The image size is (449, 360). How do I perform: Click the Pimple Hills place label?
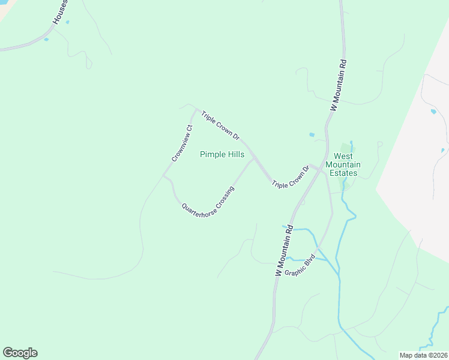tap(221, 154)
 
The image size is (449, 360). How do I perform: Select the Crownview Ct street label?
tap(182, 143)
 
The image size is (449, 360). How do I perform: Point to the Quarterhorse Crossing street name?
tap(208, 199)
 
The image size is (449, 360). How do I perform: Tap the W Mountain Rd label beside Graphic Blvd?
tap(283, 250)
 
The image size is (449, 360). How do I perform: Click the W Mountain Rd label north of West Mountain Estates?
tap(338, 84)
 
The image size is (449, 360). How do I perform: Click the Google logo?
tap(20, 353)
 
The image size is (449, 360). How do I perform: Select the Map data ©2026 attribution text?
tap(423, 355)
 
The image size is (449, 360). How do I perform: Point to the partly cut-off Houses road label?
tap(59, 12)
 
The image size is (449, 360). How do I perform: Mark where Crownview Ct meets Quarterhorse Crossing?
tap(163, 176)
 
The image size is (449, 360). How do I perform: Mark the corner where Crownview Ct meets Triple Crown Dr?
tap(196, 109)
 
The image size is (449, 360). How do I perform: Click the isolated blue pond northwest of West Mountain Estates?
tap(312, 134)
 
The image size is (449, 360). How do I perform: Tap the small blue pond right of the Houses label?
tap(67, 22)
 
